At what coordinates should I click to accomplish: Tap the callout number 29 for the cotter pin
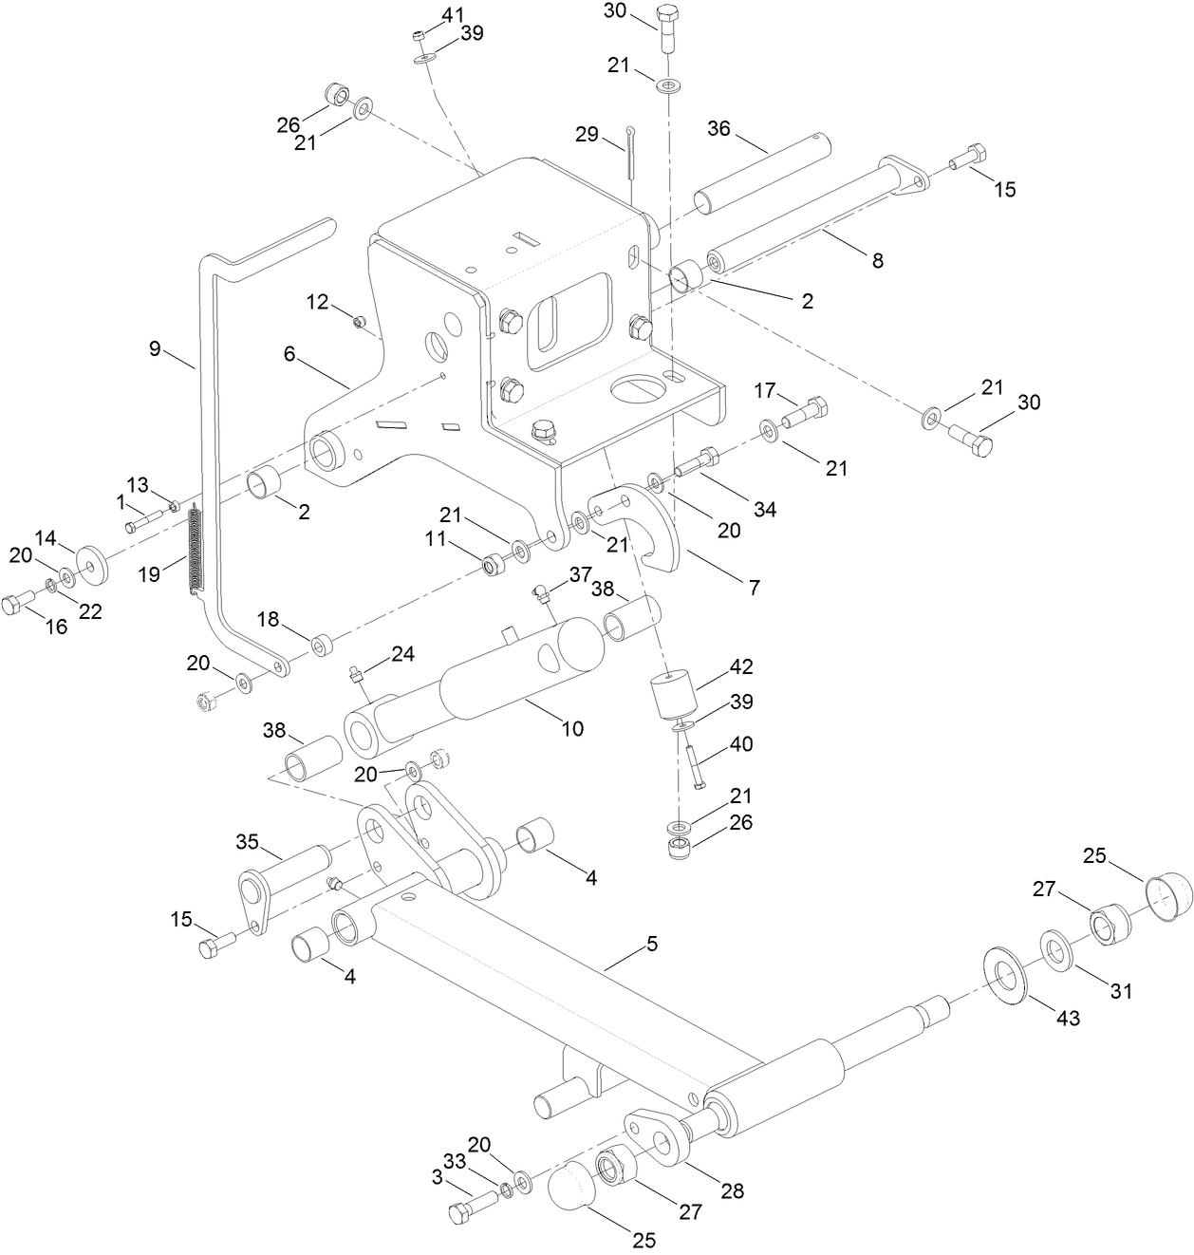pyautogui.click(x=587, y=135)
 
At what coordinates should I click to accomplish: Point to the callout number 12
pyautogui.click(x=317, y=302)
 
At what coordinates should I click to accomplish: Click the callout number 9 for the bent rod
pyautogui.click(x=156, y=348)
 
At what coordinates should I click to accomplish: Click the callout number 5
pyautogui.click(x=652, y=944)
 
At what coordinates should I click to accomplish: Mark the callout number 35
pyautogui.click(x=247, y=841)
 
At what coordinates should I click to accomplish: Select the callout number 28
pyautogui.click(x=731, y=1190)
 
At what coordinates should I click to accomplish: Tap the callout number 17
pyautogui.click(x=766, y=390)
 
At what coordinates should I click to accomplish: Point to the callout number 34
pyautogui.click(x=764, y=510)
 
